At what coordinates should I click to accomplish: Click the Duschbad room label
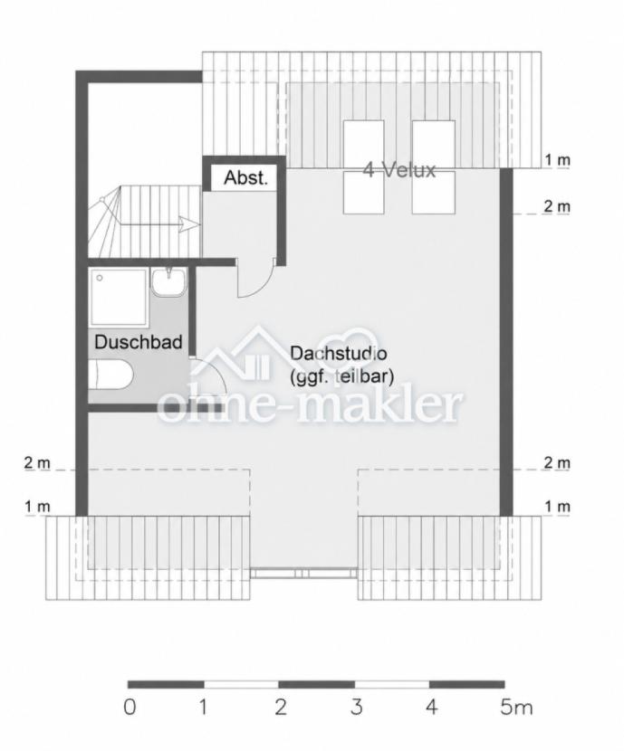139,342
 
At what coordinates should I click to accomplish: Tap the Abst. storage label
245,177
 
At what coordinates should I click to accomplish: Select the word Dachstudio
339,354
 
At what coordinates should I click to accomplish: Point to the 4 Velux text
399,170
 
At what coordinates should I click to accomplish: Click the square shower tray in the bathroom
119,297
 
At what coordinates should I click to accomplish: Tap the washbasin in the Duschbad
168,282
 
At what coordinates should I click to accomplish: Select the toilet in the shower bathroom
110,375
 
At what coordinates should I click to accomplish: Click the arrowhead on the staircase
190,223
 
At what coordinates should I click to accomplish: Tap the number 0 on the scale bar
130,707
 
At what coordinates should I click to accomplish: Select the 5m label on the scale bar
516,707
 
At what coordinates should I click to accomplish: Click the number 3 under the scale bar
356,707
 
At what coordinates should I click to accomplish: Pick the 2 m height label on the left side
37,463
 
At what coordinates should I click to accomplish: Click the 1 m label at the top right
557,160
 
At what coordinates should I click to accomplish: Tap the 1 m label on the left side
37,507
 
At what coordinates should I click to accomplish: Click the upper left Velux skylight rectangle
364,141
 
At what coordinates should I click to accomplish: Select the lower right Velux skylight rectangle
433,193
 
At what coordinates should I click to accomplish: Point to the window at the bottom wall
304,573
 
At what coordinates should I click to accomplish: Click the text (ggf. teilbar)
341,377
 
